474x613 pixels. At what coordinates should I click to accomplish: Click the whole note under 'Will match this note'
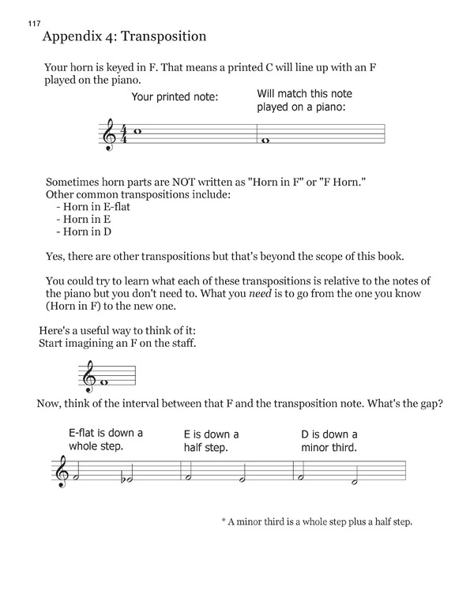pos(266,141)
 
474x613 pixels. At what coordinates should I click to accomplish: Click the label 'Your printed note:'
pos(175,98)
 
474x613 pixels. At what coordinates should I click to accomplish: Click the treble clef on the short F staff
pos(88,376)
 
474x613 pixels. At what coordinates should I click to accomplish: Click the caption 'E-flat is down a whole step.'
pos(106,439)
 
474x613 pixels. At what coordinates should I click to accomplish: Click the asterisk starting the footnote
pos(224,522)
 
